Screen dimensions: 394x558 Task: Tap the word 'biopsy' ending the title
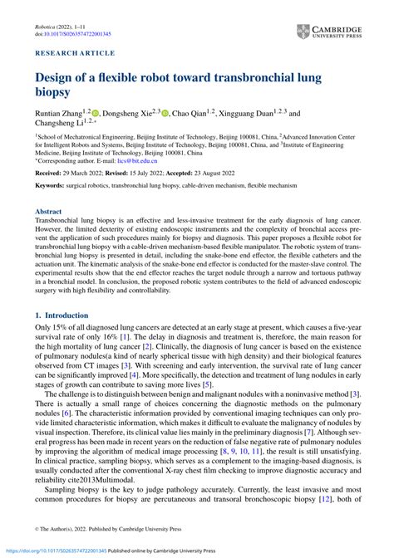coord(57,95)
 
